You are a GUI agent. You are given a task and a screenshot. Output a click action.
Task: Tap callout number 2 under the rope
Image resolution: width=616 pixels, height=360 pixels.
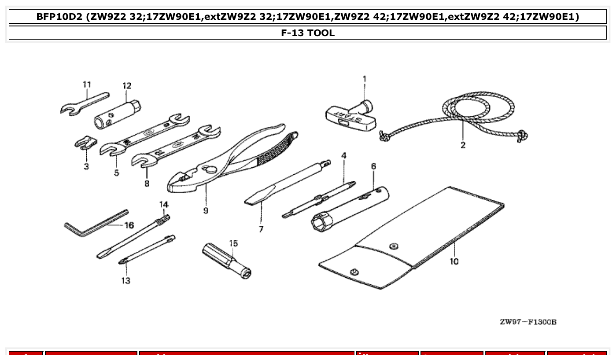(463, 145)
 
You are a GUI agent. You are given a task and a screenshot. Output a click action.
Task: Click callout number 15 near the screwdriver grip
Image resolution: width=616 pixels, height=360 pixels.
(233, 243)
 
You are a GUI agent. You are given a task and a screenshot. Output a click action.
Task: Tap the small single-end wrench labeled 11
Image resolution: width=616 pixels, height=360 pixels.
(84, 104)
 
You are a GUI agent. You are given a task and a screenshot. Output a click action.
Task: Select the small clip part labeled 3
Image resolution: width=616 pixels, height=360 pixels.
(86, 143)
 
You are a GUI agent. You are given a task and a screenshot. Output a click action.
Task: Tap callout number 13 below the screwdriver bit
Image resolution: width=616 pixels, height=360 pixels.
(126, 281)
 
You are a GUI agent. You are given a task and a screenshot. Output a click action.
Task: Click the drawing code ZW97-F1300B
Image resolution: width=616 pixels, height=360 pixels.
(528, 322)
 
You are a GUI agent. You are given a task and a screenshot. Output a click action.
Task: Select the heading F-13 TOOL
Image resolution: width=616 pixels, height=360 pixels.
(308, 33)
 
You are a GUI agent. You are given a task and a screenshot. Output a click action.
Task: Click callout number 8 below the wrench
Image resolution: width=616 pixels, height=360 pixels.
(147, 183)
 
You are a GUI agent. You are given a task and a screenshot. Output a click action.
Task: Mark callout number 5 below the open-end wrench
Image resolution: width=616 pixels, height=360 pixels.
(116, 173)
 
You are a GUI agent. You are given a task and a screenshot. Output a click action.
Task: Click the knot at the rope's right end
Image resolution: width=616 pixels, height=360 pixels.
(522, 136)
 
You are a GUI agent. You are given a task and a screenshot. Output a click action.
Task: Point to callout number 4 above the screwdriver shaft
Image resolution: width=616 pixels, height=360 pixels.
(344, 155)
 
